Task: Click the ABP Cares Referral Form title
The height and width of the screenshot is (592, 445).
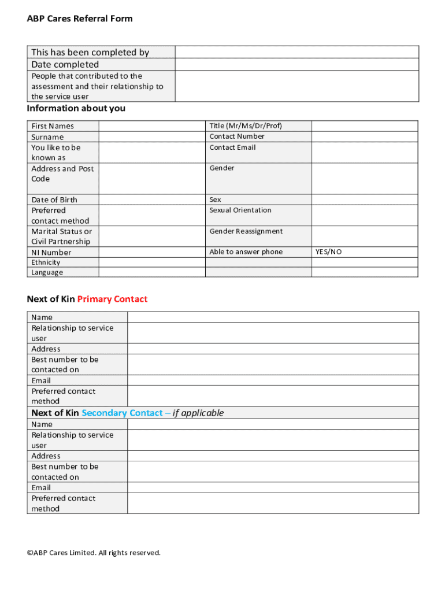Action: [80, 18]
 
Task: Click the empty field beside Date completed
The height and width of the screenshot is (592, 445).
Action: [296, 64]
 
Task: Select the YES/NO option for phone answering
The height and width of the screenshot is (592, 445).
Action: [328, 252]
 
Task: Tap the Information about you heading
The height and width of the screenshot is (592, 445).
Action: [76, 109]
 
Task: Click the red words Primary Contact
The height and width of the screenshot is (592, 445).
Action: [112, 299]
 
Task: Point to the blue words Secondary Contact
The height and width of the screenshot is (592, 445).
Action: [122, 413]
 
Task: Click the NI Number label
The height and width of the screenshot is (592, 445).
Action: [51, 253]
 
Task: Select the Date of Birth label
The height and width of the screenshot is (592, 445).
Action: [54, 200]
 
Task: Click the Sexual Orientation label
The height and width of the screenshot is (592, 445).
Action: [240, 210]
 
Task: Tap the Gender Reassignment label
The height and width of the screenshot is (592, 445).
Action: [246, 231]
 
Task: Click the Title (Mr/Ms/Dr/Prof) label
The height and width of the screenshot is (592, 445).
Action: [246, 126]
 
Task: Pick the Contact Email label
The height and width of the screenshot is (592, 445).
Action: [232, 147]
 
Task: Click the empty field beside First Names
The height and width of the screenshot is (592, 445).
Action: [152, 126]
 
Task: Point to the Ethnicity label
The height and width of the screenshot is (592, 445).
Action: [46, 262]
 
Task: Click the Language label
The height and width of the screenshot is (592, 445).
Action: [47, 272]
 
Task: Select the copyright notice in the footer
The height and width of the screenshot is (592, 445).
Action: [94, 553]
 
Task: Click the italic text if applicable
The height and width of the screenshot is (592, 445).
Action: [198, 413]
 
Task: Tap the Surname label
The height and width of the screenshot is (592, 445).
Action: [47, 137]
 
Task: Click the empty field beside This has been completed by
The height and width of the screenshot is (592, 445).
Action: [296, 52]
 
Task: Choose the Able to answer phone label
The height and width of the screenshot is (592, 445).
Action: [246, 252]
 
